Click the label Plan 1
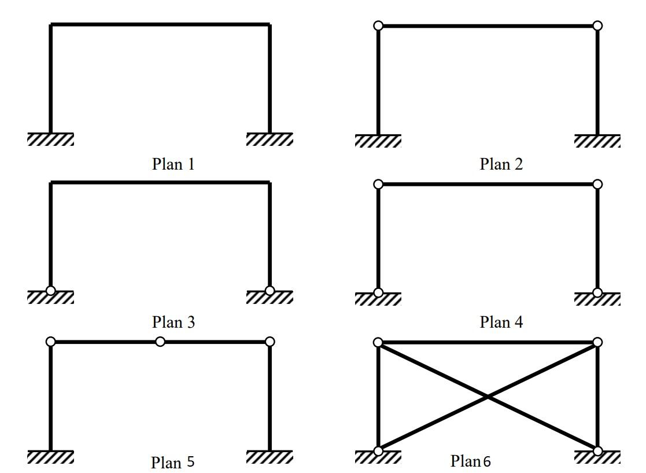[173, 164]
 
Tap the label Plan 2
[501, 164]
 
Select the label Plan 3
[173, 322]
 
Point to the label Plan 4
[501, 322]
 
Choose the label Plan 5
[172, 463]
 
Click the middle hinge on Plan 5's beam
[160, 342]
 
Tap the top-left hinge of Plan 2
[378, 25]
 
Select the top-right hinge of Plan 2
[598, 25]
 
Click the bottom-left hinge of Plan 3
[51, 291]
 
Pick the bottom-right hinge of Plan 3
[270, 291]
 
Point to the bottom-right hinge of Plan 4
[598, 292]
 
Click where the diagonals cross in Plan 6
[488, 397]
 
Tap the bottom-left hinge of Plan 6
[378, 451]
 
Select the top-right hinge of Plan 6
[598, 342]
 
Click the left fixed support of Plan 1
[50, 139]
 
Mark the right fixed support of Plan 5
[270, 457]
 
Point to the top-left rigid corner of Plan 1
[51, 25]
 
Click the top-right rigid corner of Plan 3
[270, 183]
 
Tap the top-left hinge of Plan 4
[378, 184]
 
